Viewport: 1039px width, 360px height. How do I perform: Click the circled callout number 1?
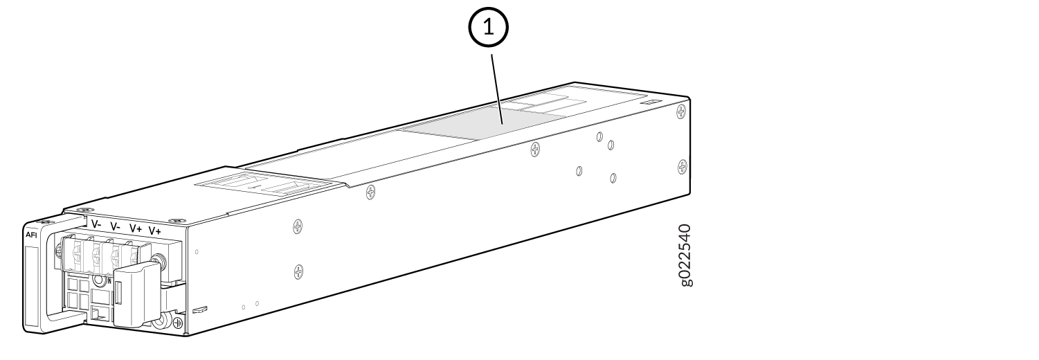point(489,28)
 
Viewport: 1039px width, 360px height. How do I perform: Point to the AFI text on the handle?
point(31,235)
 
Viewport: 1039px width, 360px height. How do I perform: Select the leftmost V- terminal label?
point(96,224)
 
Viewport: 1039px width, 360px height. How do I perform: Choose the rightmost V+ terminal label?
point(155,231)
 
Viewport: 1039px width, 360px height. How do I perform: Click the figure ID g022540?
point(685,255)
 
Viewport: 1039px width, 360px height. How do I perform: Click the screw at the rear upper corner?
point(681,111)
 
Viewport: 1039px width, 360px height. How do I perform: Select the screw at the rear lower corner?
point(683,166)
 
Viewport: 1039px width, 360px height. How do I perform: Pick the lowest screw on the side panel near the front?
point(299,271)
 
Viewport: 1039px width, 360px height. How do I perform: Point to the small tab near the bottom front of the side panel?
point(200,309)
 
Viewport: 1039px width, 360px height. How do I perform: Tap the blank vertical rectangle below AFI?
point(31,287)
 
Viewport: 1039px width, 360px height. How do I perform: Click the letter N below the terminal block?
point(109,280)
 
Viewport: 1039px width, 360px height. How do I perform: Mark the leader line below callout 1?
point(497,89)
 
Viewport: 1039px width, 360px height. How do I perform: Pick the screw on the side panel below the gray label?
point(535,148)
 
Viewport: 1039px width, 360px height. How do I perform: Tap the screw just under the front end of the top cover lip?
point(370,192)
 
